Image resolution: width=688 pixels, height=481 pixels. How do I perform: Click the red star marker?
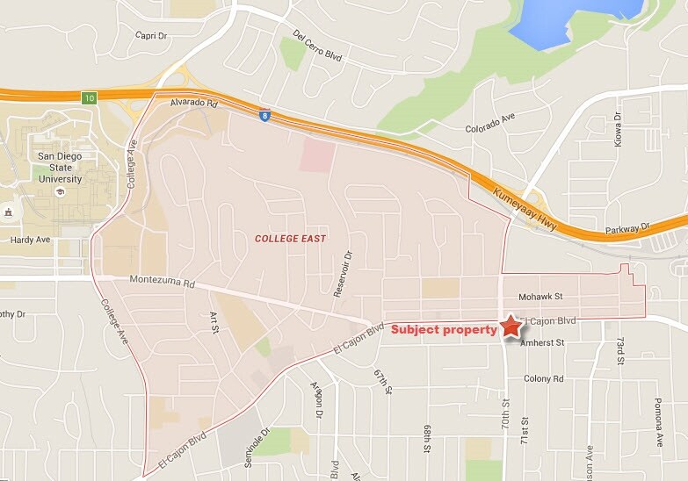tap(511, 327)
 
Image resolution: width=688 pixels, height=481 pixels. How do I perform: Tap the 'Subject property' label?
tap(444, 330)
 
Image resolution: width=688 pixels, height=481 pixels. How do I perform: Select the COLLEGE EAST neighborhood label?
tap(290, 239)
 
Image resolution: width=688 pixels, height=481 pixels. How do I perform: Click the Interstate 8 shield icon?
tap(264, 115)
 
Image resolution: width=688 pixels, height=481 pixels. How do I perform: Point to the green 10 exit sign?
tap(89, 97)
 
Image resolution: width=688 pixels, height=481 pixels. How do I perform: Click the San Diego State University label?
tap(60, 167)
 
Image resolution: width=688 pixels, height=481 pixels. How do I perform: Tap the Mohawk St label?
tap(540, 297)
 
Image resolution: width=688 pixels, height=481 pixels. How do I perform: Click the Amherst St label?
tap(541, 343)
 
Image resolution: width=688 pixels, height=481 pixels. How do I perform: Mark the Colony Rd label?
tap(543, 378)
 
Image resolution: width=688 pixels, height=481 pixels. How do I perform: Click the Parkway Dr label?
tap(626, 230)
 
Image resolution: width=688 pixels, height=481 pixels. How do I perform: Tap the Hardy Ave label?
tap(31, 239)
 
